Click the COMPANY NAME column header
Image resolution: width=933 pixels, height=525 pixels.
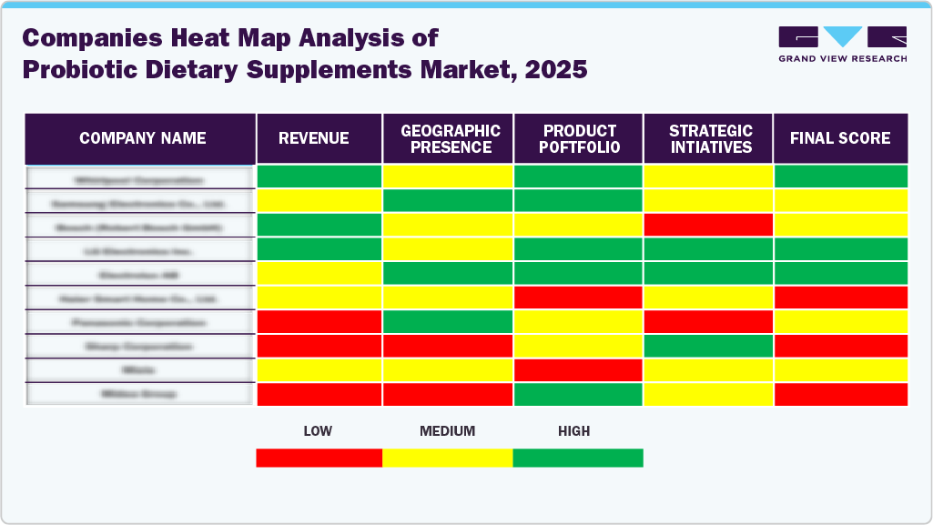(142, 138)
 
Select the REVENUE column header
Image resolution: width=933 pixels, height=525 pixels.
(313, 138)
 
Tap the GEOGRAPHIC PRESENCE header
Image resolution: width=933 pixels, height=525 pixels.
(451, 139)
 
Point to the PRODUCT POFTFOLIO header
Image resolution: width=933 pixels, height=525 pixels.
(580, 139)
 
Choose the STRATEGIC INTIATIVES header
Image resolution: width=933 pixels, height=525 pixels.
(710, 139)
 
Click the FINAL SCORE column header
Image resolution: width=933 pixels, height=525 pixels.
(840, 138)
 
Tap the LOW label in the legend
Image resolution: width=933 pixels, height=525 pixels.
(317, 431)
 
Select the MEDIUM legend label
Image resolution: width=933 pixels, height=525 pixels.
(447, 431)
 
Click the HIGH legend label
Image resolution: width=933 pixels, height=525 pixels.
(573, 431)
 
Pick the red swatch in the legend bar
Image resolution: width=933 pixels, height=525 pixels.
(319, 458)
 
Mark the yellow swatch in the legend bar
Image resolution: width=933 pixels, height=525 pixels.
(447, 458)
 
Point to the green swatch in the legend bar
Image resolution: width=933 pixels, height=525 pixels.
(578, 458)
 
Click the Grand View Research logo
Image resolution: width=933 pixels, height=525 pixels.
(842, 44)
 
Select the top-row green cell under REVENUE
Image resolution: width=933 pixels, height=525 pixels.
(319, 177)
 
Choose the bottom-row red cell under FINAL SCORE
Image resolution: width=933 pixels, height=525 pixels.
(840, 394)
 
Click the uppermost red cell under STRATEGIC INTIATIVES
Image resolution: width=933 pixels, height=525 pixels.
(708, 225)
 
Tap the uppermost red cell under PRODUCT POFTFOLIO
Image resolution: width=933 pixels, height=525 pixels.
(579, 298)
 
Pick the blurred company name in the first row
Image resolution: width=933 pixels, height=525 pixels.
(139, 177)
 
